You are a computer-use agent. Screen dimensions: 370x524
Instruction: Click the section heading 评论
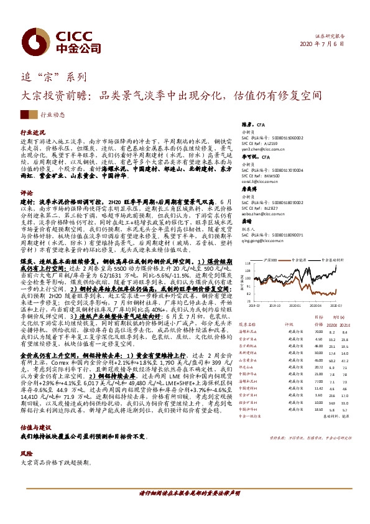pyautogui.click(x=27, y=193)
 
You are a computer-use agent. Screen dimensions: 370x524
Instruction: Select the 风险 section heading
pyautogui.click(x=27, y=437)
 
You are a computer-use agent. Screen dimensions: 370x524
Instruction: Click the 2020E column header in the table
pyautogui.click(x=332, y=324)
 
